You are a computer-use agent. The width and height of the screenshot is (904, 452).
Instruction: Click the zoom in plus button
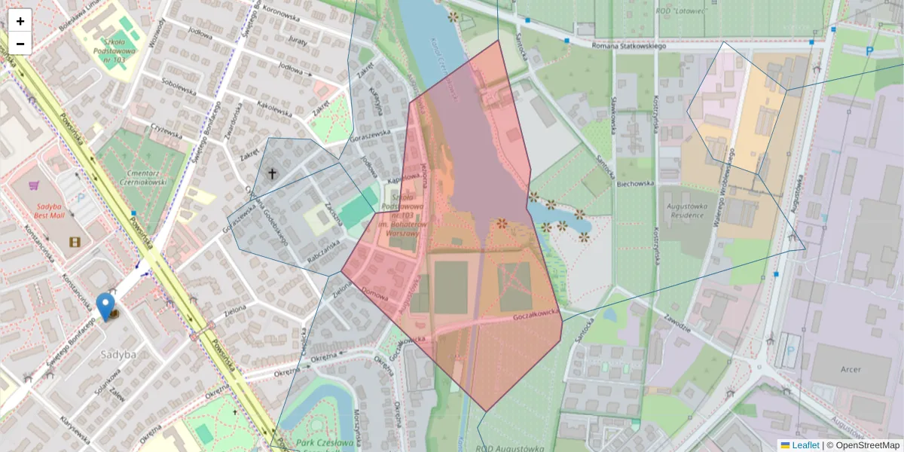point(20,20)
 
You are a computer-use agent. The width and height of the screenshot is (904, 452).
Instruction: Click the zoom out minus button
point(20,44)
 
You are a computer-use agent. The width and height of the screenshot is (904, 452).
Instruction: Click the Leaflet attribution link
point(805,445)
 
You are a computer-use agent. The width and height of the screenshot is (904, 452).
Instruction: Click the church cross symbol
point(272,173)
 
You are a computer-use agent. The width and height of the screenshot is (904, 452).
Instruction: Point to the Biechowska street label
point(633,183)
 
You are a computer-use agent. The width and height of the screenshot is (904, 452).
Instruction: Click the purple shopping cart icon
point(34,185)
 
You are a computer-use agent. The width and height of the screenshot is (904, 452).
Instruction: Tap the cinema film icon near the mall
point(74,242)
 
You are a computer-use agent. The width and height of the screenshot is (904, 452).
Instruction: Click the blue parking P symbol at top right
point(870,51)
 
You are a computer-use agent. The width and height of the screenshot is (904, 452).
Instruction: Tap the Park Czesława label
point(325,442)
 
